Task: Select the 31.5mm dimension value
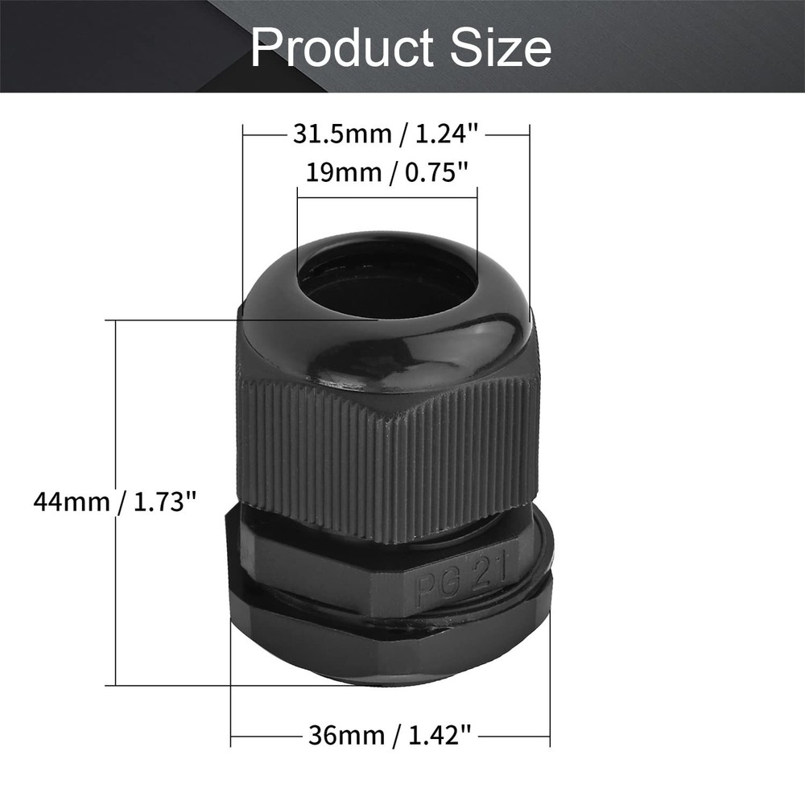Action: coord(338,135)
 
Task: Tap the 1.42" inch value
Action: coord(436,734)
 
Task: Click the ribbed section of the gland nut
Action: coord(386,459)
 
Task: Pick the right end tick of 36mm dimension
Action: coord(550,734)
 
